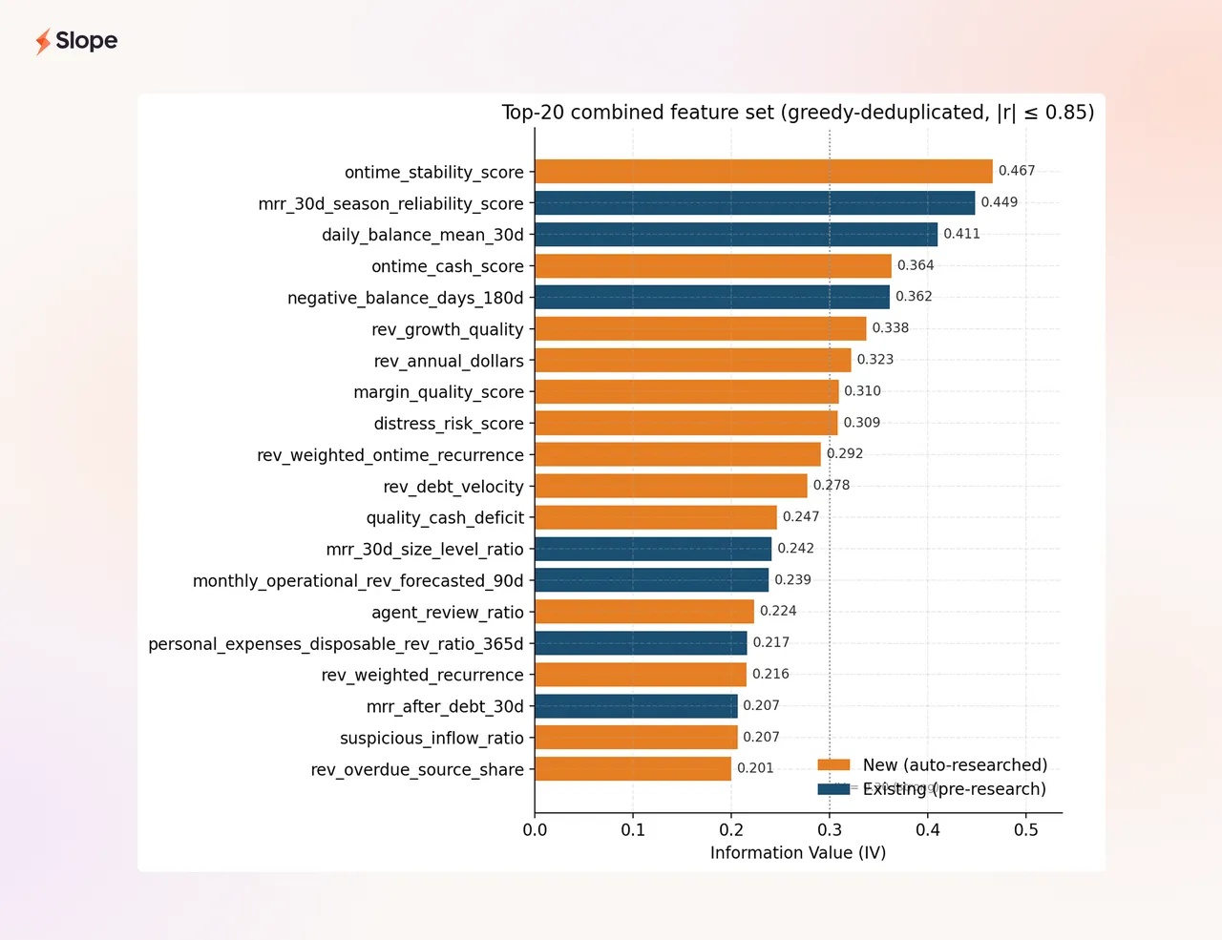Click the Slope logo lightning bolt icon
point(43,42)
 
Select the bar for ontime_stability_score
point(763,172)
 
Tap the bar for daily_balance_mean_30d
point(736,235)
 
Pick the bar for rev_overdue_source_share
point(633,768)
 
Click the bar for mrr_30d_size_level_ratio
point(653,549)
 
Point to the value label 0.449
point(1000,202)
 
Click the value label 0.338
point(890,328)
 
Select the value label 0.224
point(778,611)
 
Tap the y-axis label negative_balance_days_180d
point(406,298)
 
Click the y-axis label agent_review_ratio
point(448,613)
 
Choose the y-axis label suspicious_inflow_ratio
point(432,738)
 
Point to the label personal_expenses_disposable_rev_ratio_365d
point(336,644)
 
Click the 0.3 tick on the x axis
point(830,830)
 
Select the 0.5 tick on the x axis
point(1025,830)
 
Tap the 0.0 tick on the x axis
point(535,830)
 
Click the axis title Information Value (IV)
point(798,853)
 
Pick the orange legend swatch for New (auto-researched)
point(833,764)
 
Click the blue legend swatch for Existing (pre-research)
point(833,789)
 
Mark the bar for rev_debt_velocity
point(671,486)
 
